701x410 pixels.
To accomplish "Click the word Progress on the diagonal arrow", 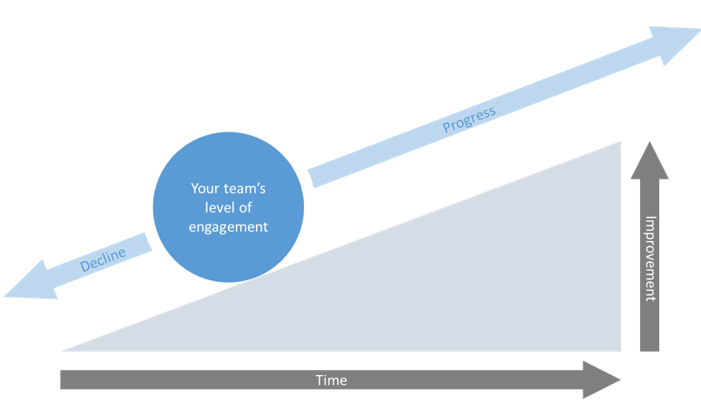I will tap(468, 119).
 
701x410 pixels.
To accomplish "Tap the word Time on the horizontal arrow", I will tap(330, 380).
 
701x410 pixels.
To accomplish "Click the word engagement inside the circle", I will tap(228, 226).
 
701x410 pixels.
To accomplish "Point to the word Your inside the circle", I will tap(204, 188).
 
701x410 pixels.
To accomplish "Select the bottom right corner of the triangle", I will tap(621, 350).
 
